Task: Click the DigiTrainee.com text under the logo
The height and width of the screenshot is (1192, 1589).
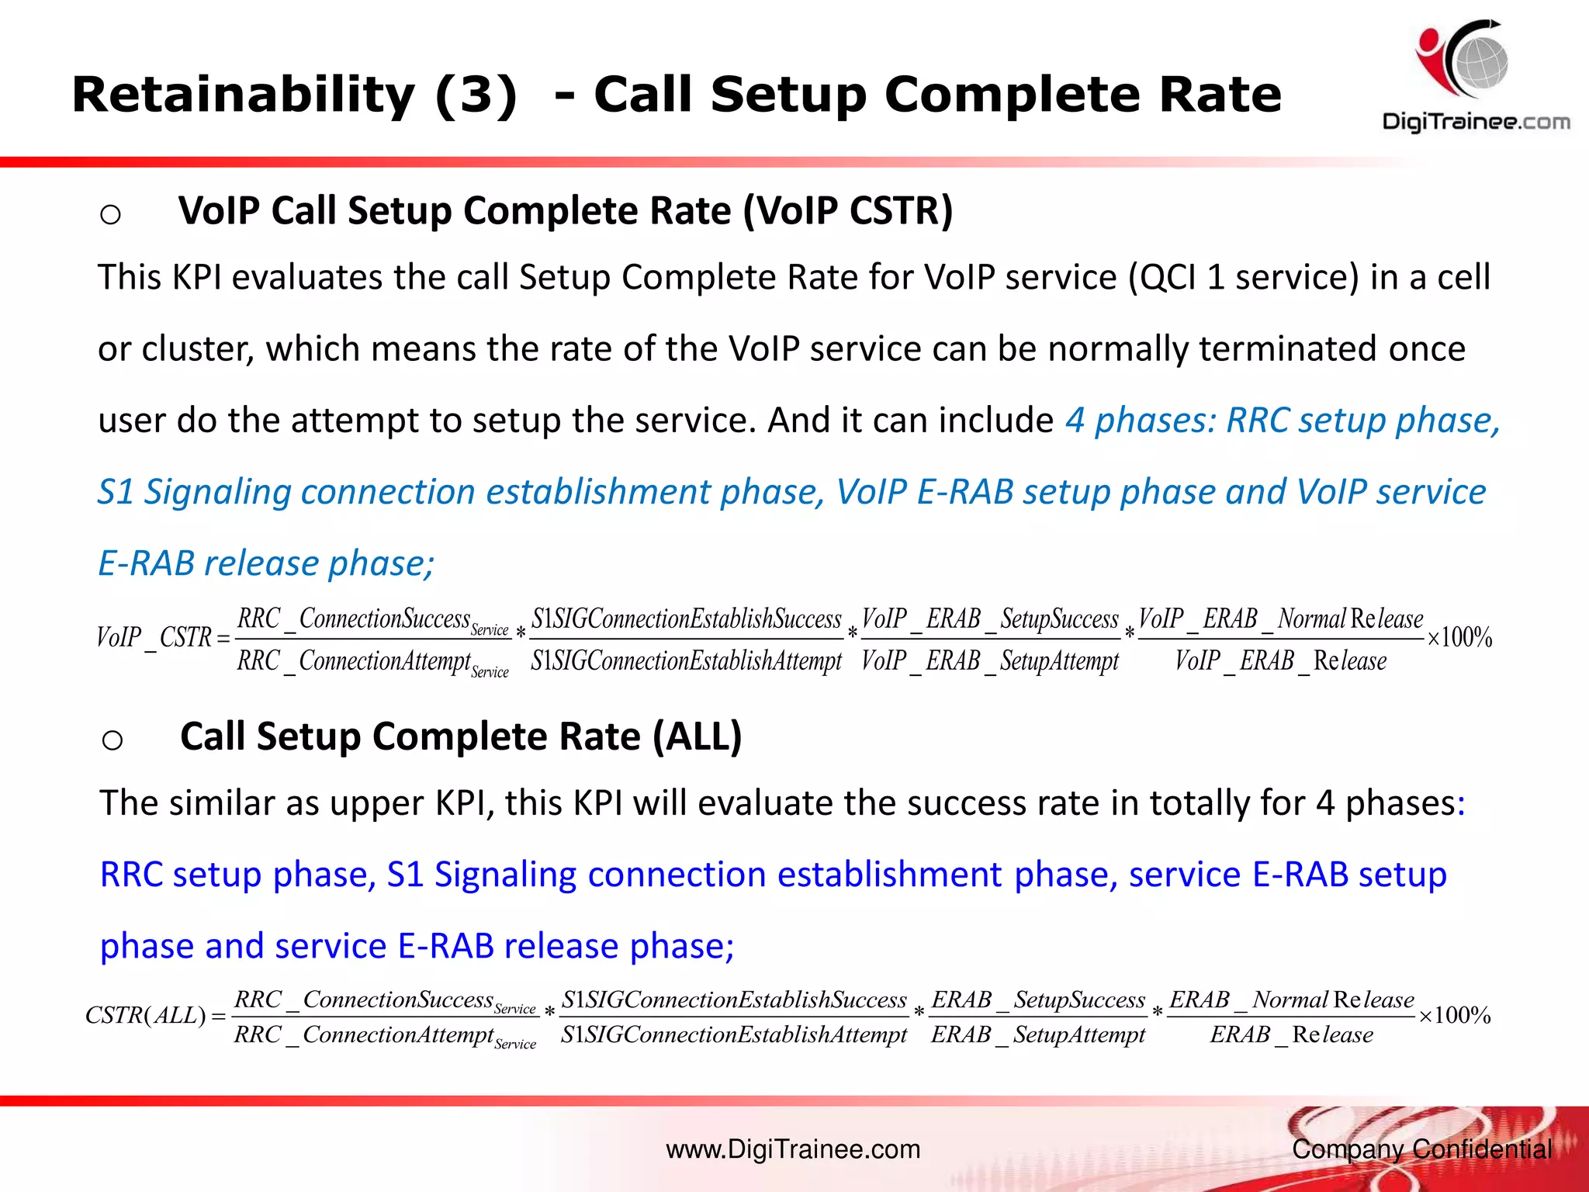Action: (1476, 122)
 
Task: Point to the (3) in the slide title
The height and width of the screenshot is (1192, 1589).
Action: (476, 95)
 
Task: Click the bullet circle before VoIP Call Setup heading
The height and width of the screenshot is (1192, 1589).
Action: (111, 213)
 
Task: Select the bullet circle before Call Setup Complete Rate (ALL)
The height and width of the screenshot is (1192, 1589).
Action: (113, 740)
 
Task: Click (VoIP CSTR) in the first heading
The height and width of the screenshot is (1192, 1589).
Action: (848, 211)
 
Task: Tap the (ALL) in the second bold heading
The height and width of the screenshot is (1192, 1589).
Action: (697, 736)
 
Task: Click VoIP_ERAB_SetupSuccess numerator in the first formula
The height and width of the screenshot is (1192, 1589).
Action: (990, 619)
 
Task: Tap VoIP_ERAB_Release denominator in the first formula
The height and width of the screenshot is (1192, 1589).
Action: (1280, 661)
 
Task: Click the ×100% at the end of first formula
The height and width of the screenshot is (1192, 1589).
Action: (1459, 638)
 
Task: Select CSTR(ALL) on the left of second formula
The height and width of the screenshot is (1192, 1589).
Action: (146, 1015)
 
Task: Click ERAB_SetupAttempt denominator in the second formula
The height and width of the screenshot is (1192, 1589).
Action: (1038, 1034)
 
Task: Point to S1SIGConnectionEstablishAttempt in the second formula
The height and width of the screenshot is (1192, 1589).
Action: (734, 1034)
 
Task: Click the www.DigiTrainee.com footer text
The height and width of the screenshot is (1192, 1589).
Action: (793, 1149)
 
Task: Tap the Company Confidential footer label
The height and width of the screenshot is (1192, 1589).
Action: (1421, 1149)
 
